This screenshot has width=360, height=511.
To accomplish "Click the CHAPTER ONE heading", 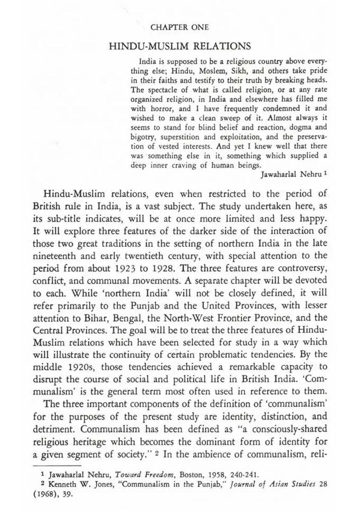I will pyautogui.click(x=180, y=27).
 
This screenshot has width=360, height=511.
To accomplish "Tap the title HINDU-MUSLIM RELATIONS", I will pyautogui.click(x=180, y=46).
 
